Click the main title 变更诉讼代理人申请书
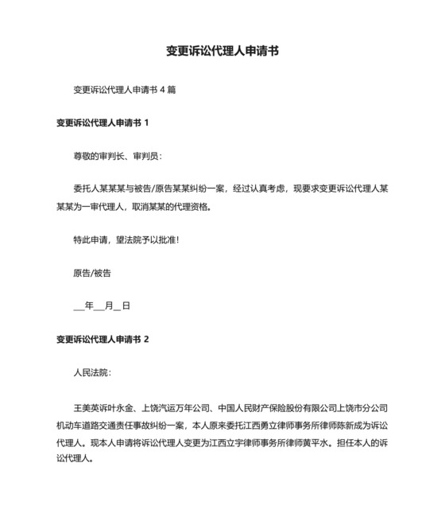(x=222, y=51)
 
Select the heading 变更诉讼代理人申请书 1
(x=103, y=123)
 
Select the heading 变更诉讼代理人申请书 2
(x=103, y=339)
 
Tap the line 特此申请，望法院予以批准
(x=120, y=239)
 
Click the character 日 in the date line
(x=126, y=305)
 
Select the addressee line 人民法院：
(x=92, y=372)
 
